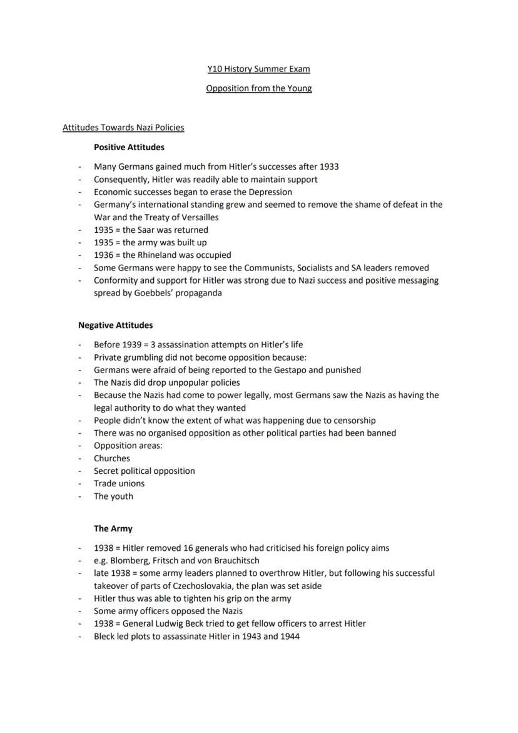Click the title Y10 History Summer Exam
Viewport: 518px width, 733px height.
click(x=258, y=69)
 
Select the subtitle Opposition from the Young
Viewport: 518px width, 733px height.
click(x=258, y=88)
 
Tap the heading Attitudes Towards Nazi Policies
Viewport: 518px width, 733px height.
click(x=123, y=128)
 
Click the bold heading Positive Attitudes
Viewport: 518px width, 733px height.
click(x=129, y=148)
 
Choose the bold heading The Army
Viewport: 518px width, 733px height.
click(x=113, y=528)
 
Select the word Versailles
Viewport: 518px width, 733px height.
click(x=198, y=217)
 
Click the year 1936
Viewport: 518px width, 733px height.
click(x=104, y=255)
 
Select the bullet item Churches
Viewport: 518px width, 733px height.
click(x=112, y=458)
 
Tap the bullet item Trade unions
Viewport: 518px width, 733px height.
click(x=119, y=483)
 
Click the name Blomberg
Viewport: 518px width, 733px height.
click(x=132, y=560)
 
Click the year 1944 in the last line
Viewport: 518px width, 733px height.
click(x=289, y=637)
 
